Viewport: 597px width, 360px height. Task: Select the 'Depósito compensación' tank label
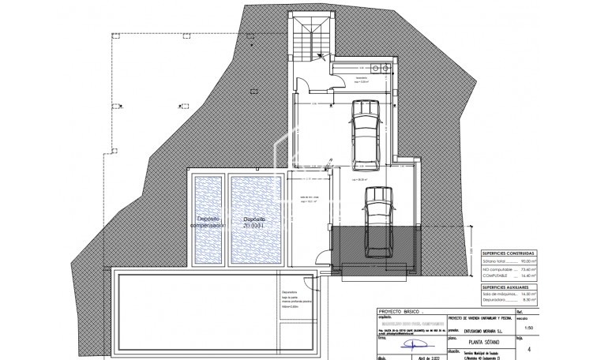208,222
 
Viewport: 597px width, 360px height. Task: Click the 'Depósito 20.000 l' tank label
253,222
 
